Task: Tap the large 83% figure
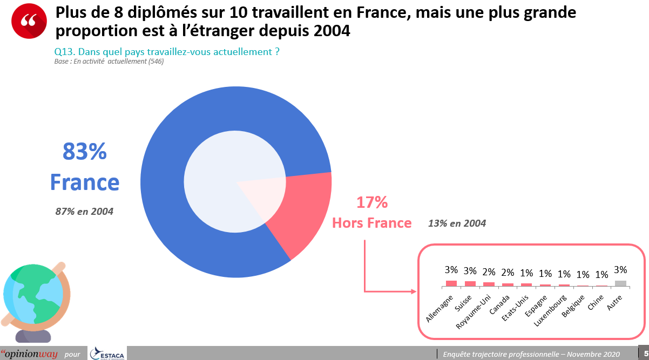click(x=85, y=152)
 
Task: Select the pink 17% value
click(x=371, y=202)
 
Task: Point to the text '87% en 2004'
click(x=84, y=212)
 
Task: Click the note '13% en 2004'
click(x=457, y=223)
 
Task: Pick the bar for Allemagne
click(x=451, y=283)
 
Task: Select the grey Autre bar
click(x=620, y=283)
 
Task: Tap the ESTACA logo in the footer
click(x=108, y=354)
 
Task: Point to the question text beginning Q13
click(x=167, y=52)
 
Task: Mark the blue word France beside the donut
click(x=85, y=182)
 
